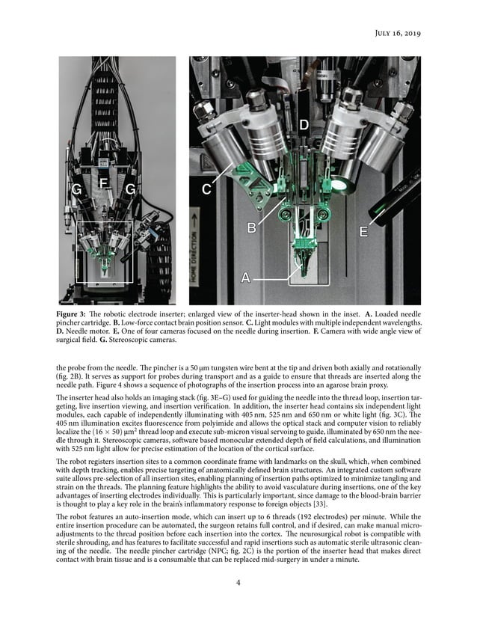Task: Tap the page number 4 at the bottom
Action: pos(238,584)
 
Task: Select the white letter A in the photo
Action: pos(245,278)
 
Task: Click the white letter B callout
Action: pos(253,228)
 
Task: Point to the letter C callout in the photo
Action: pos(207,190)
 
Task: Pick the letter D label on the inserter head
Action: pos(304,123)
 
